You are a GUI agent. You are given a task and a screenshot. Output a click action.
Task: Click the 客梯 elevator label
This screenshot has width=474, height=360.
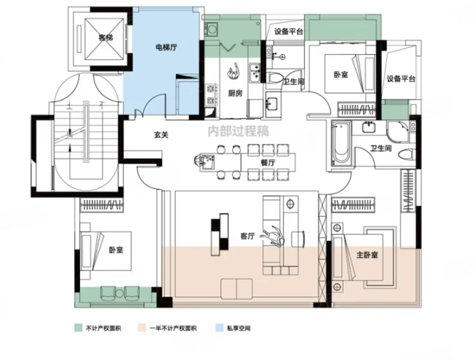tap(105, 36)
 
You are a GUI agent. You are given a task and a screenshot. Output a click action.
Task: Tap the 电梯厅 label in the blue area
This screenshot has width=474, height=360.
tap(168, 48)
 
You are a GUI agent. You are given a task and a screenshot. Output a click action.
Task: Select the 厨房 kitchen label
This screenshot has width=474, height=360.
tap(237, 93)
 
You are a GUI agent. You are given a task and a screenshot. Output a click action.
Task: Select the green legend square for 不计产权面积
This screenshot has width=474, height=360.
tap(78, 329)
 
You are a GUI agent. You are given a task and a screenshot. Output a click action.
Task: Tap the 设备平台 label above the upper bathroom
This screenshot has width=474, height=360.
tap(289, 31)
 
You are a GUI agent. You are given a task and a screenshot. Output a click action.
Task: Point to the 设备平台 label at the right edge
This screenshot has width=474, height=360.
tap(401, 78)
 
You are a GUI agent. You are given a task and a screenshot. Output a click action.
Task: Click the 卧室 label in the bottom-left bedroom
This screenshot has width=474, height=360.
tap(116, 250)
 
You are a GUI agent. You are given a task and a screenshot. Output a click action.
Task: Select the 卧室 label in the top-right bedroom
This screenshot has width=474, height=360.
tap(341, 73)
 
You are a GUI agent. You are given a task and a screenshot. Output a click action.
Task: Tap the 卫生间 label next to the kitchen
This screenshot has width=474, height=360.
tap(294, 83)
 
